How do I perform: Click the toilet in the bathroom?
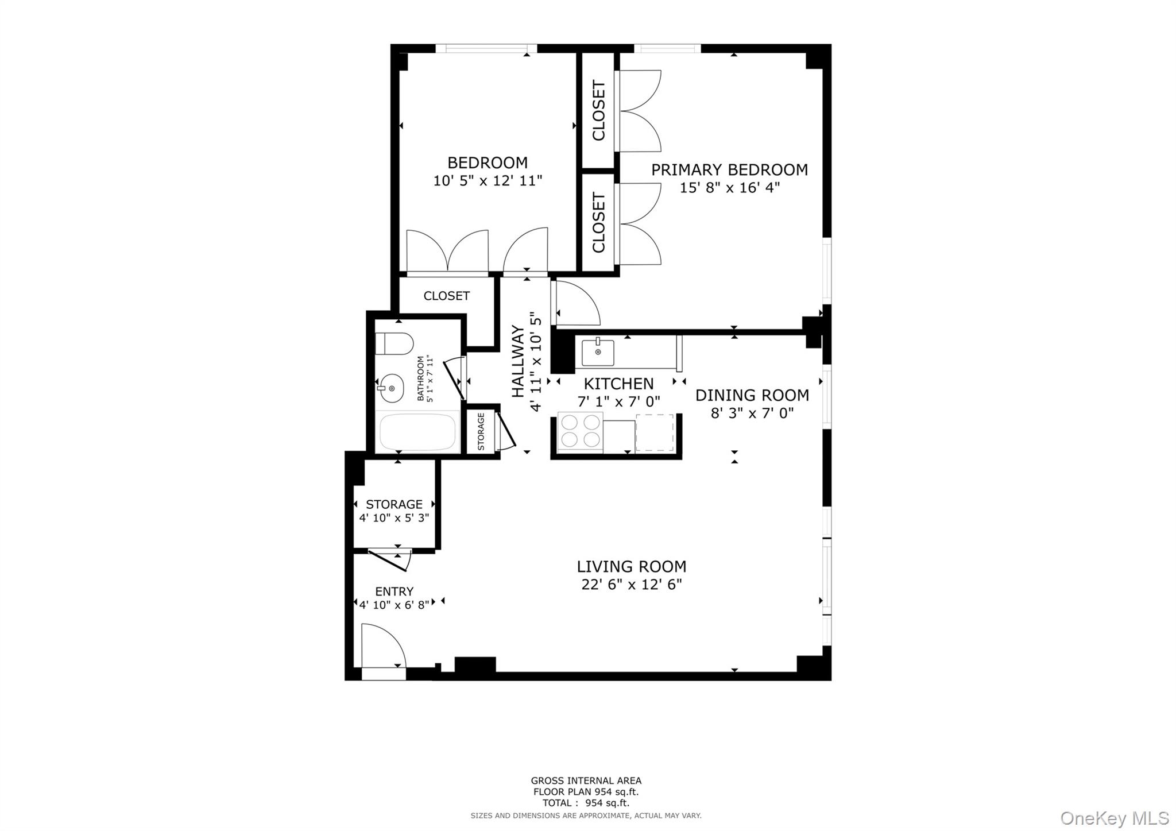(x=395, y=343)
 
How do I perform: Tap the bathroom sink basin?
(x=392, y=389)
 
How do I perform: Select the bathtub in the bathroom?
(x=417, y=432)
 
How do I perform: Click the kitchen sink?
(x=598, y=352)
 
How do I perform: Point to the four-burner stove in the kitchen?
(x=580, y=431)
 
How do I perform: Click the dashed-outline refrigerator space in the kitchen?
(x=655, y=432)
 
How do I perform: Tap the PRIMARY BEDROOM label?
(x=729, y=169)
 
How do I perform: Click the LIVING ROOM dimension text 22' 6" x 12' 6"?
(x=631, y=585)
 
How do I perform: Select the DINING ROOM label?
(x=752, y=395)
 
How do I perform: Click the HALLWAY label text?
(x=518, y=361)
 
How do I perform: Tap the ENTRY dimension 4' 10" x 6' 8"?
(x=394, y=604)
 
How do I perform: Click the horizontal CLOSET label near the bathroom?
(x=446, y=296)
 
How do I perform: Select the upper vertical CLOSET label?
(x=598, y=111)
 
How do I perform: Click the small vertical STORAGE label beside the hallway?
(x=481, y=431)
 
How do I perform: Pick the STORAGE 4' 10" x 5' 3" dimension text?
(x=394, y=517)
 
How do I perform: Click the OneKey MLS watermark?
(x=1114, y=817)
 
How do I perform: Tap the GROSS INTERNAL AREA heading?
(x=586, y=780)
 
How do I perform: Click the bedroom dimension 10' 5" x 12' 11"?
(x=487, y=181)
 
